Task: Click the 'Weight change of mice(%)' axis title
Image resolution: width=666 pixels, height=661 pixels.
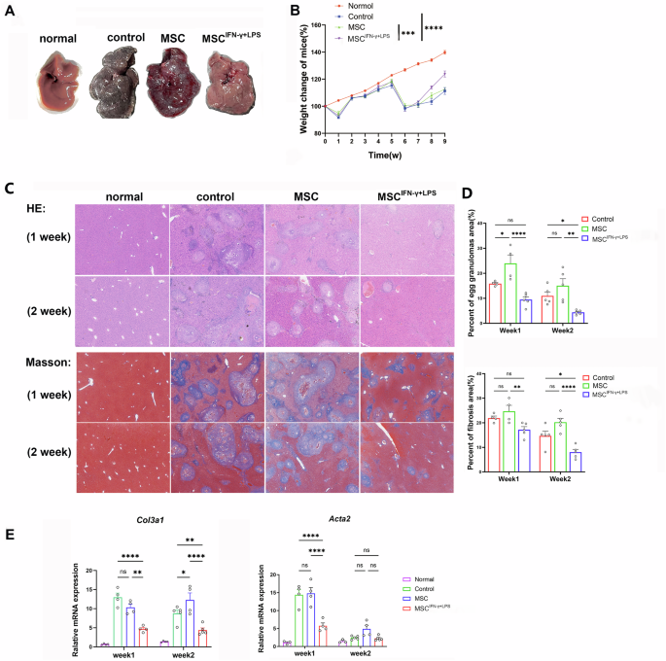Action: (303, 80)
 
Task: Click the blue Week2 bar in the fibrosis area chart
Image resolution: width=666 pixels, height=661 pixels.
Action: (578, 460)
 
